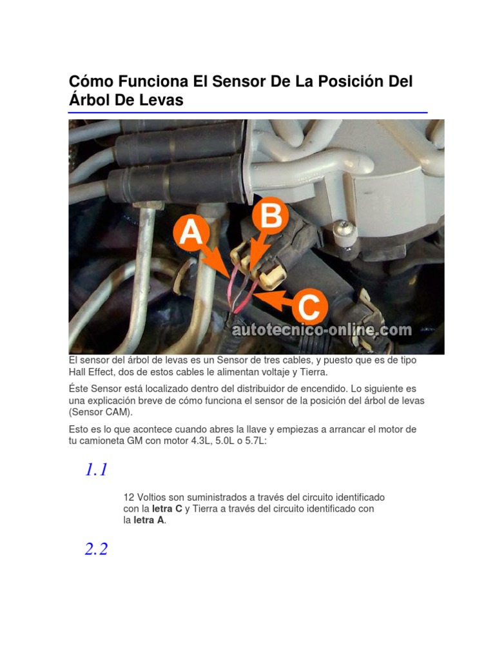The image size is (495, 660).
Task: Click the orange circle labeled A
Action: pyautogui.click(x=190, y=233)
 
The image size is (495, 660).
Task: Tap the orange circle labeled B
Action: pyautogui.click(x=269, y=218)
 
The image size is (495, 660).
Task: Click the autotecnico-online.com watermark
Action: pyautogui.click(x=321, y=330)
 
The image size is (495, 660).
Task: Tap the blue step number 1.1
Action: pyautogui.click(x=96, y=470)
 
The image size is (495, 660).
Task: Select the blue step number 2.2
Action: pyautogui.click(x=96, y=549)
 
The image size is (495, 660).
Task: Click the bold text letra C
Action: pyautogui.click(x=167, y=509)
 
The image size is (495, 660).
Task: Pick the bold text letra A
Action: pyautogui.click(x=149, y=519)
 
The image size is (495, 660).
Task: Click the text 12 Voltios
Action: pyautogui.click(x=147, y=498)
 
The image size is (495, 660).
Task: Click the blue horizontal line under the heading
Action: pyautogui.click(x=247, y=113)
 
